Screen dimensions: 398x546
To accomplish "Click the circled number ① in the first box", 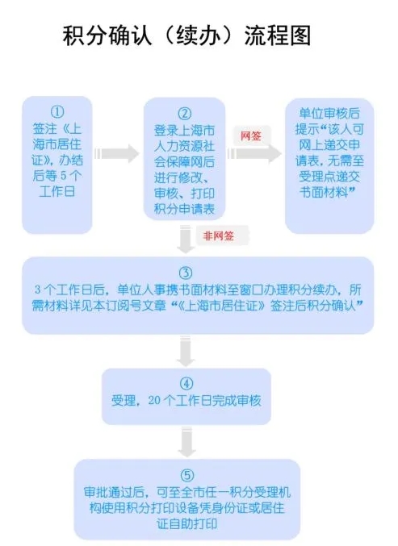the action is coord(57,112).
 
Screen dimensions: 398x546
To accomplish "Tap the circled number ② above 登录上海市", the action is coord(185,114).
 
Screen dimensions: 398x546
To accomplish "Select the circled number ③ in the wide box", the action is coord(186,273).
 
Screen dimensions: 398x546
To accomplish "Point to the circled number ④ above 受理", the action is coord(186,384).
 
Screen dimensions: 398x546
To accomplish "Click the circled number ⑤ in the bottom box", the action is coord(187,475).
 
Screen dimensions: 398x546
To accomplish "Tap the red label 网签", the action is coord(251,135).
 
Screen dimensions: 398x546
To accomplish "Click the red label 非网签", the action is coord(219,236).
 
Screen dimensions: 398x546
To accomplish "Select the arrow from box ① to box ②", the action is coord(117,153).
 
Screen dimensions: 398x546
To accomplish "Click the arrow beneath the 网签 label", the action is coord(254,153).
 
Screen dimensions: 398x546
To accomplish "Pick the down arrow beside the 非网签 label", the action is coord(186,240).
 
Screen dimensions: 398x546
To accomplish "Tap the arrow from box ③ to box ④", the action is coord(186,351).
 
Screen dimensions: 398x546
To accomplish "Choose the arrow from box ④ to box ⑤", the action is coord(186,442).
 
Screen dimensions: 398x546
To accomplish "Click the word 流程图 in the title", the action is coord(278,35).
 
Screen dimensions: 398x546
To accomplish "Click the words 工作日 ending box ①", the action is coord(57,191).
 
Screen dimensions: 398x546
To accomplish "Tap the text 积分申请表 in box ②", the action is coord(184,209).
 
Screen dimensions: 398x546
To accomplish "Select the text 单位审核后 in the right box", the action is coord(329,114).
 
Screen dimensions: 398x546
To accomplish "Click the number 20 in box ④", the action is coord(154,401).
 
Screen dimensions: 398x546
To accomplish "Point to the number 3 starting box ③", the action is coord(38,290).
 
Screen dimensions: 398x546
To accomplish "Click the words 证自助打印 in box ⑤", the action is coord(186,523).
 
